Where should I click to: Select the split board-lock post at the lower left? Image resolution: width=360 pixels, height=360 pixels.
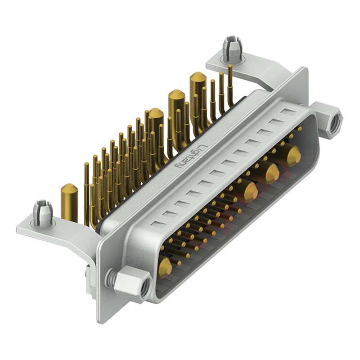[42, 212]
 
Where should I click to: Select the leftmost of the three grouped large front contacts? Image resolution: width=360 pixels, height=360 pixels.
[251, 192]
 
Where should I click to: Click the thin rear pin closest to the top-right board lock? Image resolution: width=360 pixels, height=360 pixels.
[230, 83]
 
